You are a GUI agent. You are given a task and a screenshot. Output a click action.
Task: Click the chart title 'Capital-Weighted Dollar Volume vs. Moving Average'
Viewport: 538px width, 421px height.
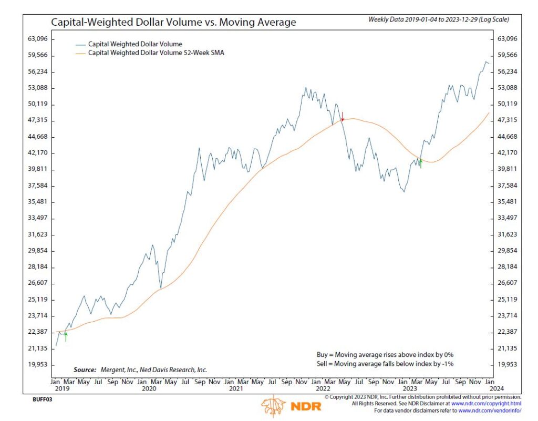[x=173, y=22]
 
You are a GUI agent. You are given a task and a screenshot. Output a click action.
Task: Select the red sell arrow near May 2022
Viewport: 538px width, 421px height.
[x=343, y=117]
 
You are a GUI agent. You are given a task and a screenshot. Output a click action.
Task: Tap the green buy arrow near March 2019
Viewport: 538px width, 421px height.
[x=66, y=336]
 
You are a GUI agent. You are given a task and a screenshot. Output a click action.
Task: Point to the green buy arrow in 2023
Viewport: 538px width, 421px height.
[x=421, y=163]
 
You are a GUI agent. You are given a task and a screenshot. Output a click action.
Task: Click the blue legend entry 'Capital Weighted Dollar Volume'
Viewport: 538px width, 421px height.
[x=135, y=44]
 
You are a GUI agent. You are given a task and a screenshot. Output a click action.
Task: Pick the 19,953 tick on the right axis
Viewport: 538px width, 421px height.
[x=508, y=364]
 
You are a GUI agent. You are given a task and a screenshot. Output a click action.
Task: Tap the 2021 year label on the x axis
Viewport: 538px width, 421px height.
[x=236, y=389]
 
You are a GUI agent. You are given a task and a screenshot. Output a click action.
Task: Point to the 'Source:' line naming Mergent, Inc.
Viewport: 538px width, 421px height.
[x=140, y=369]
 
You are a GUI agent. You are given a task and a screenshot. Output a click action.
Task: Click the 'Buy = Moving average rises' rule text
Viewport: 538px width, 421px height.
[x=385, y=354]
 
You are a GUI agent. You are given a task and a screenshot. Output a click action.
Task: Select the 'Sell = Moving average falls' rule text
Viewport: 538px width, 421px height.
[x=385, y=363]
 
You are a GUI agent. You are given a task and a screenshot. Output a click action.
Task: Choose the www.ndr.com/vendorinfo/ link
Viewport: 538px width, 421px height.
[x=491, y=410]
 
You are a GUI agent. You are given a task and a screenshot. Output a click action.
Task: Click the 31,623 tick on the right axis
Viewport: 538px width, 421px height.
[x=508, y=234]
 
